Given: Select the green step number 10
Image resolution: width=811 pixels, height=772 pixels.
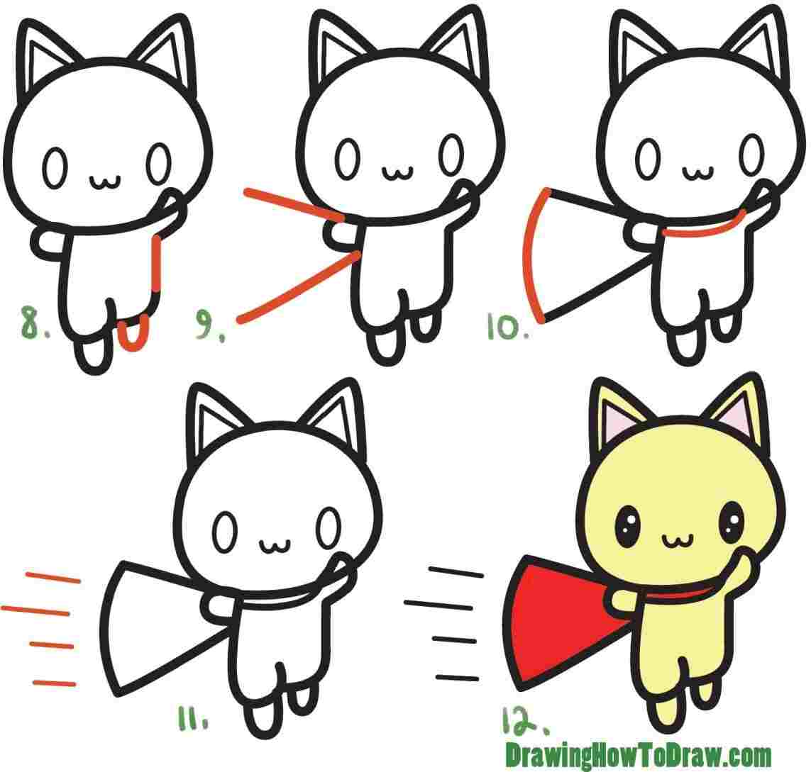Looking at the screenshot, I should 506,328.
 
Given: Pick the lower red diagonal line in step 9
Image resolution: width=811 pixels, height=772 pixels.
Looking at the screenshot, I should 298,288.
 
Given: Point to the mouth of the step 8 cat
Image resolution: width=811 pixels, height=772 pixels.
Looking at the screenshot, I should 105,181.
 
